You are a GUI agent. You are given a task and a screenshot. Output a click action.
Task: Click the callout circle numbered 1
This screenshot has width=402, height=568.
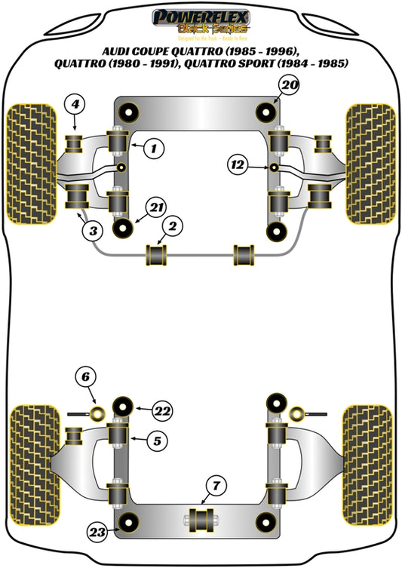pyautogui.click(x=153, y=149)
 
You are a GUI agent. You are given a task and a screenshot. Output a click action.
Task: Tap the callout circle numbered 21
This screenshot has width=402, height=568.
pyautogui.click(x=155, y=207)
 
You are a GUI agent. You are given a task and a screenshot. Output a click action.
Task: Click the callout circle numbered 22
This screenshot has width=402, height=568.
pyautogui.click(x=161, y=410)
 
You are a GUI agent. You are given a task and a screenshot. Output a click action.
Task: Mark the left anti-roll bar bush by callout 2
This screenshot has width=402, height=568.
pyautogui.click(x=158, y=254)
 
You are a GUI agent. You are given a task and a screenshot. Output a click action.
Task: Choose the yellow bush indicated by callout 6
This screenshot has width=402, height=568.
pyautogui.click(x=97, y=413)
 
